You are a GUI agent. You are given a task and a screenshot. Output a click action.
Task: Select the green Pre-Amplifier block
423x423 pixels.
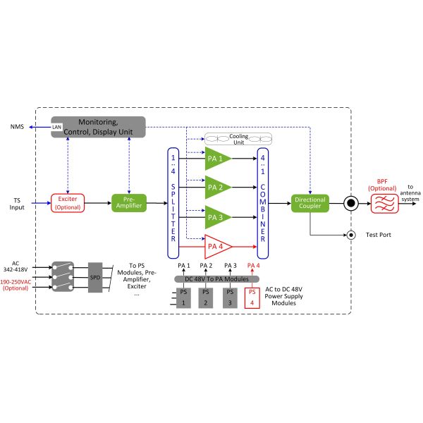(129, 204)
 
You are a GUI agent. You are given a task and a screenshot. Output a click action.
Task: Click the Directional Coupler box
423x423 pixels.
(309, 204)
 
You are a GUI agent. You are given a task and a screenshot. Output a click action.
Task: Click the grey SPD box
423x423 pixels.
(94, 277)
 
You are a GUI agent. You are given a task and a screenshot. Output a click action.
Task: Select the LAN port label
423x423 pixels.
(57, 128)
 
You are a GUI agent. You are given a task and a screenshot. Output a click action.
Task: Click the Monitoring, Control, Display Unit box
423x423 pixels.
(98, 127)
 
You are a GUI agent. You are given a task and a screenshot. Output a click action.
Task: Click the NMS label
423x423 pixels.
(19, 128)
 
